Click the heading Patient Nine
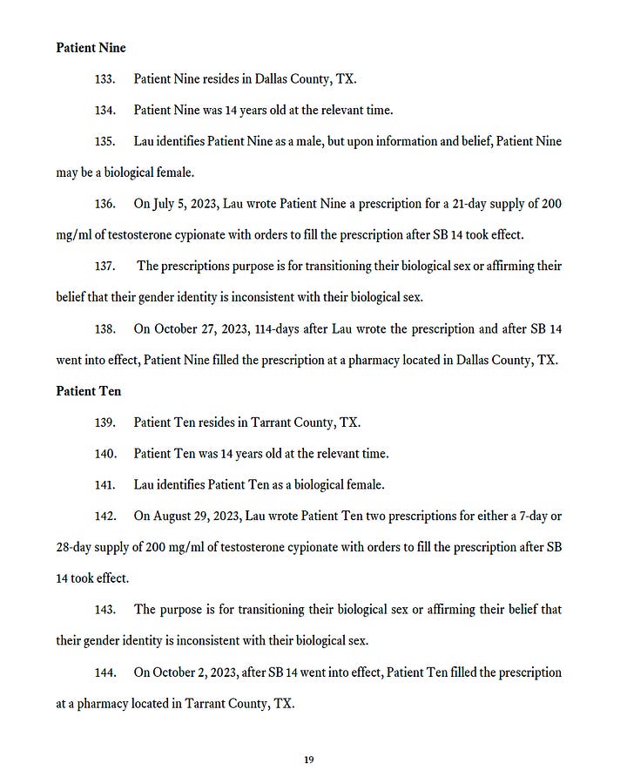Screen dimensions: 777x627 [x=91, y=47]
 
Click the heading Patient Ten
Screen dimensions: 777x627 [x=89, y=391]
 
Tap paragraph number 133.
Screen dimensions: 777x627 [x=104, y=78]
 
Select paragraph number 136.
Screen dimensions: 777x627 [x=104, y=204]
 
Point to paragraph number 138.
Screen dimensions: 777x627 [x=104, y=329]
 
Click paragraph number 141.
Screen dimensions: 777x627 [x=104, y=484]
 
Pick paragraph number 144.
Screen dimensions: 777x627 [x=104, y=672]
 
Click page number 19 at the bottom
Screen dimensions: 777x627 [x=309, y=760]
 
